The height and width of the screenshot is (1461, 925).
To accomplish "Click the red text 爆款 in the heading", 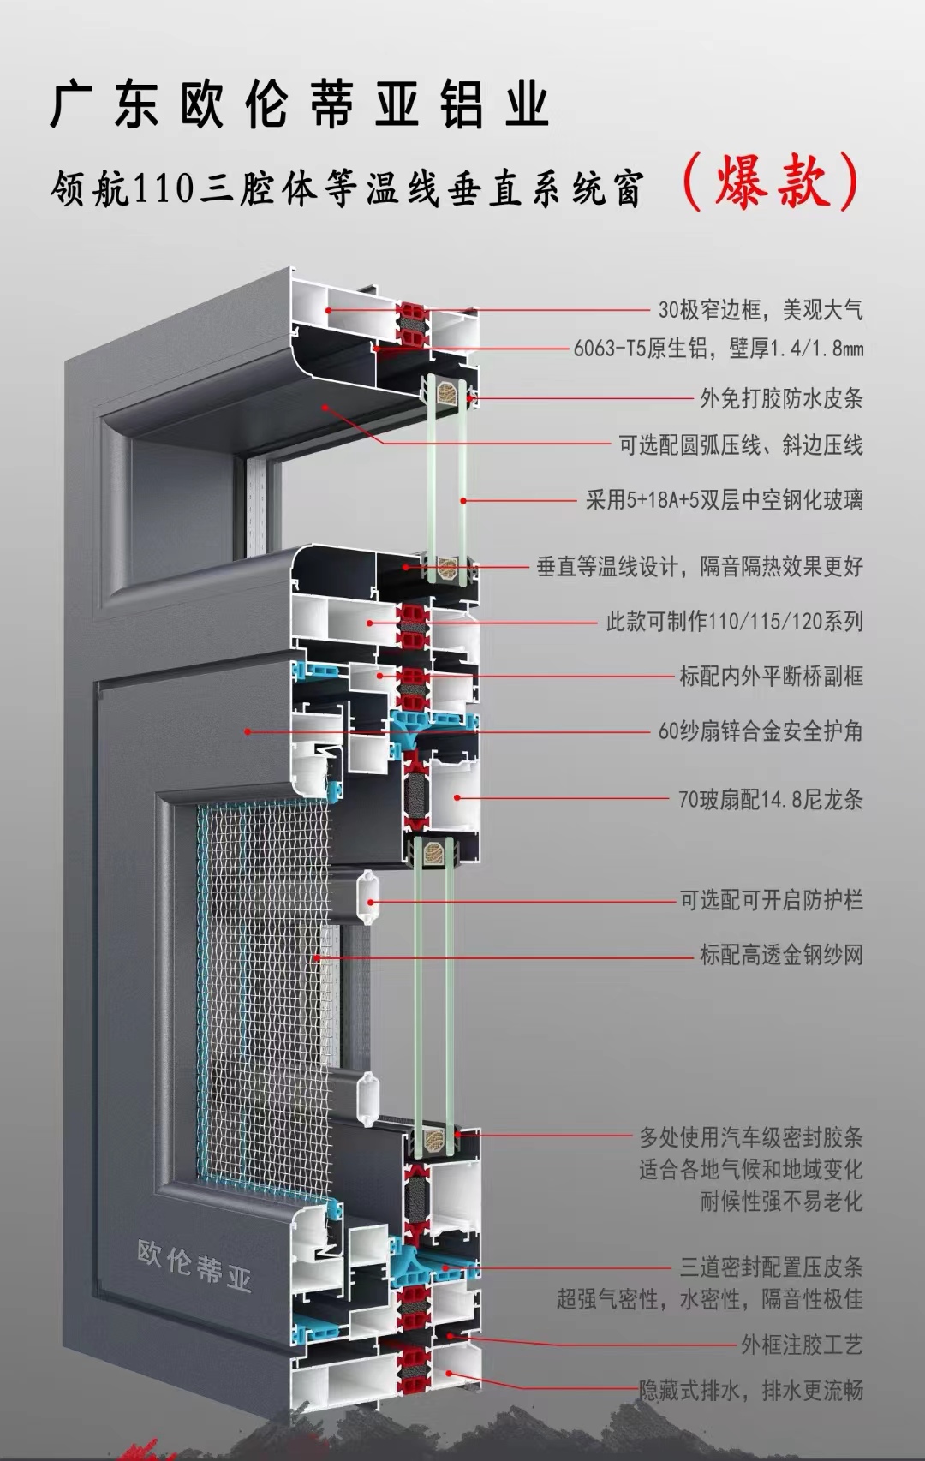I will (x=772, y=182).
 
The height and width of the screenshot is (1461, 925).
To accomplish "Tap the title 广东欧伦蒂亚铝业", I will (x=299, y=104).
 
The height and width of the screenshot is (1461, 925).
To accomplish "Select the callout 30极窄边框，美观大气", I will (x=760, y=309).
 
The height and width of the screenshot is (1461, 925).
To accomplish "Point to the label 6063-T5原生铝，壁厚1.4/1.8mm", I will (x=718, y=348).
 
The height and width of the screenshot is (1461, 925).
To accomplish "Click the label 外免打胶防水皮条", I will (x=781, y=397).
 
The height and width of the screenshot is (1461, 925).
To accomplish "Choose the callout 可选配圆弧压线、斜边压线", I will (x=740, y=444).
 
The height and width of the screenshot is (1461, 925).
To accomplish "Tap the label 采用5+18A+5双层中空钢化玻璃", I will (x=724, y=499).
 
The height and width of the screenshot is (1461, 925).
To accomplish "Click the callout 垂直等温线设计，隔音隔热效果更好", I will (x=699, y=566).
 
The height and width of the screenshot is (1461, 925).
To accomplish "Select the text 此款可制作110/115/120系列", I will (x=734, y=621).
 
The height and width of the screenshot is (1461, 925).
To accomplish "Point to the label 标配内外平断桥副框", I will (x=771, y=676).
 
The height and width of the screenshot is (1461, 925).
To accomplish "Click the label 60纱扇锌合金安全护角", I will (x=760, y=730).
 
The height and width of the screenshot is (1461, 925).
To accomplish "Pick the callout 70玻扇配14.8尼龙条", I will (x=770, y=799).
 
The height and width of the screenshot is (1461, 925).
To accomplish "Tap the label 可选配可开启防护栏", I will (x=771, y=900).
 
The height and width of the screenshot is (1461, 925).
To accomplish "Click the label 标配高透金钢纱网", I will (x=781, y=954).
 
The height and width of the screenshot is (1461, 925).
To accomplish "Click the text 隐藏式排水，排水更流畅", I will (x=751, y=1390).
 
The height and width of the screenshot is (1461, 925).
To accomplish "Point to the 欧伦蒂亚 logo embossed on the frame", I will (x=194, y=1265).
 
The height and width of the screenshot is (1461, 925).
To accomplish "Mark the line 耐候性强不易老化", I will (x=781, y=1201).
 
